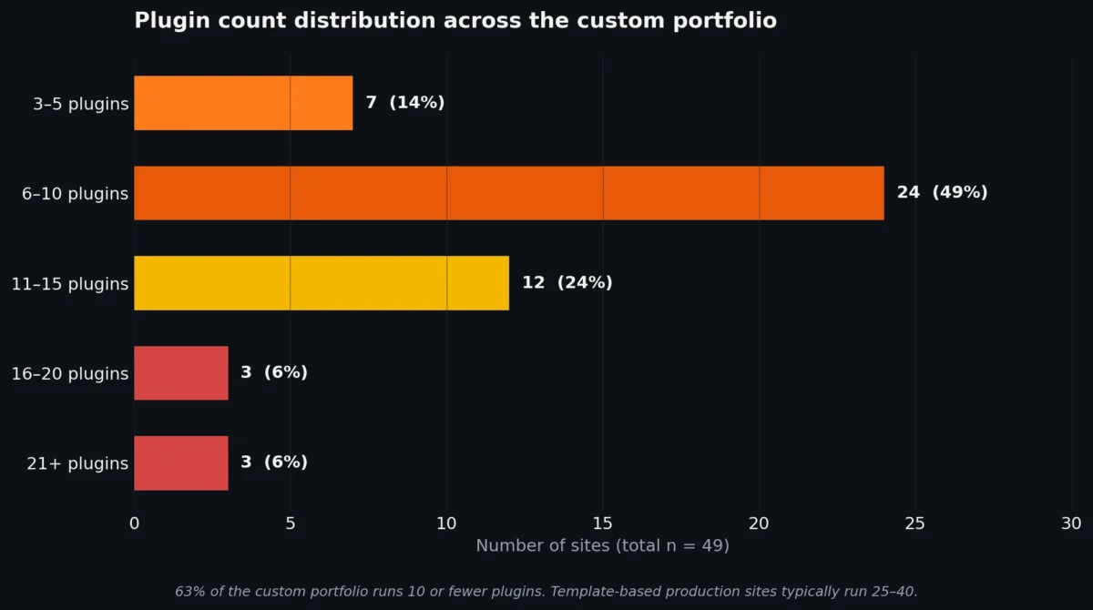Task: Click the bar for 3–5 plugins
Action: click(x=243, y=103)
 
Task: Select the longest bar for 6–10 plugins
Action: click(x=508, y=193)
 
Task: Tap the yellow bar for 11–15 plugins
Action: click(x=321, y=283)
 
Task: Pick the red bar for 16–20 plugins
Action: click(x=180, y=372)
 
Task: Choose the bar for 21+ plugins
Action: click(x=180, y=463)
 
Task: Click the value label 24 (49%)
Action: click(x=942, y=193)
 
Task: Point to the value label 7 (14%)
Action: click(x=405, y=103)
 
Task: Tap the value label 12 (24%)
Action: click(x=567, y=283)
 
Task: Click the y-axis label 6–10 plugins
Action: click(x=75, y=194)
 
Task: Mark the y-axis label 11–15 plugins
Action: click(x=70, y=284)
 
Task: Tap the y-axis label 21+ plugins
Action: click(x=77, y=463)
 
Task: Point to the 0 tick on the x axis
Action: click(x=135, y=524)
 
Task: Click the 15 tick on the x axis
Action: click(x=603, y=524)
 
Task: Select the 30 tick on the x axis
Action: click(x=1071, y=524)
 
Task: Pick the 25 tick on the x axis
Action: click(x=915, y=524)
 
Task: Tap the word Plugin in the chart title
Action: click(x=166, y=21)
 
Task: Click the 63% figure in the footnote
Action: click(x=189, y=592)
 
